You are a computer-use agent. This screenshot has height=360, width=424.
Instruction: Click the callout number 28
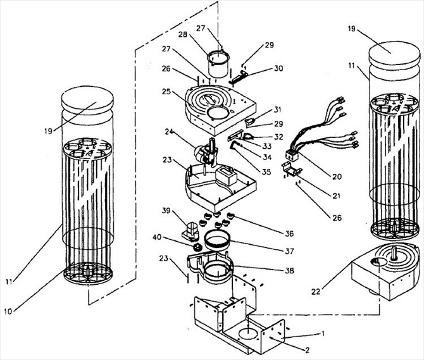pos(183,35)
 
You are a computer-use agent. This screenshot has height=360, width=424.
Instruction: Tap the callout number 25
pos(166,92)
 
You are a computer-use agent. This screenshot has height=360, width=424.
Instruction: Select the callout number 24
pos(169,132)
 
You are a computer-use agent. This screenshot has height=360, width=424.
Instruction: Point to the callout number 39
pos(166,210)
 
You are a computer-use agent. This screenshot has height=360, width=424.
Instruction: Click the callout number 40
pos(157,237)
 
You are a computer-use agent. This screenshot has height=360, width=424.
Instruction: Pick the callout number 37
pos(289,251)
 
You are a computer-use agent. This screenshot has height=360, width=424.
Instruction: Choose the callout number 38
pos(289,271)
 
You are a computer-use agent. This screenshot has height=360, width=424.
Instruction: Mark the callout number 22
pos(316,292)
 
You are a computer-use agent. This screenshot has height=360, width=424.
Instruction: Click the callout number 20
pos(337,177)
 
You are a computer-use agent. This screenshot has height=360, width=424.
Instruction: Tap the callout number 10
pos(8,311)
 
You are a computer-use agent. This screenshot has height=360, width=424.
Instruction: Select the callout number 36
pos(289,233)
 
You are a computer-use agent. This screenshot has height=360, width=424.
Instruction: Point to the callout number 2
pos(307,351)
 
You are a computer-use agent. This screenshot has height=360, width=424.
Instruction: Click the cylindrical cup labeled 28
pos(218,65)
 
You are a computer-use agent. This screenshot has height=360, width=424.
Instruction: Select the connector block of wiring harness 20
pos(292,156)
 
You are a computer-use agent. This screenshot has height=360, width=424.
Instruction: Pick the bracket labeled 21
pos(292,170)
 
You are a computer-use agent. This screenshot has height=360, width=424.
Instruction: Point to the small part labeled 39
pos(191,232)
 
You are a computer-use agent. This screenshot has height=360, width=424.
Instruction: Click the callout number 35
pos(266,172)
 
